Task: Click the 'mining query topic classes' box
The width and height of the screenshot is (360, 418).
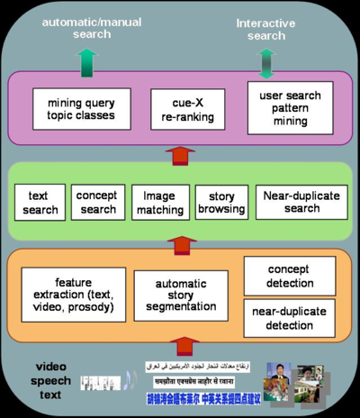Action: click(x=76, y=108)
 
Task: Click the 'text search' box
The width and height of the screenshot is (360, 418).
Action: click(x=38, y=202)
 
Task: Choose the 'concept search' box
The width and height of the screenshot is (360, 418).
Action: click(x=95, y=202)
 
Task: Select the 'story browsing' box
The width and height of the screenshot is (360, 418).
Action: click(x=221, y=202)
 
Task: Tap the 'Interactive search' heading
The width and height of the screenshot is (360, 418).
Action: click(x=266, y=29)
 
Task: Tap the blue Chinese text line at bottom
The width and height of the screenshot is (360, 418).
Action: click(x=202, y=396)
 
